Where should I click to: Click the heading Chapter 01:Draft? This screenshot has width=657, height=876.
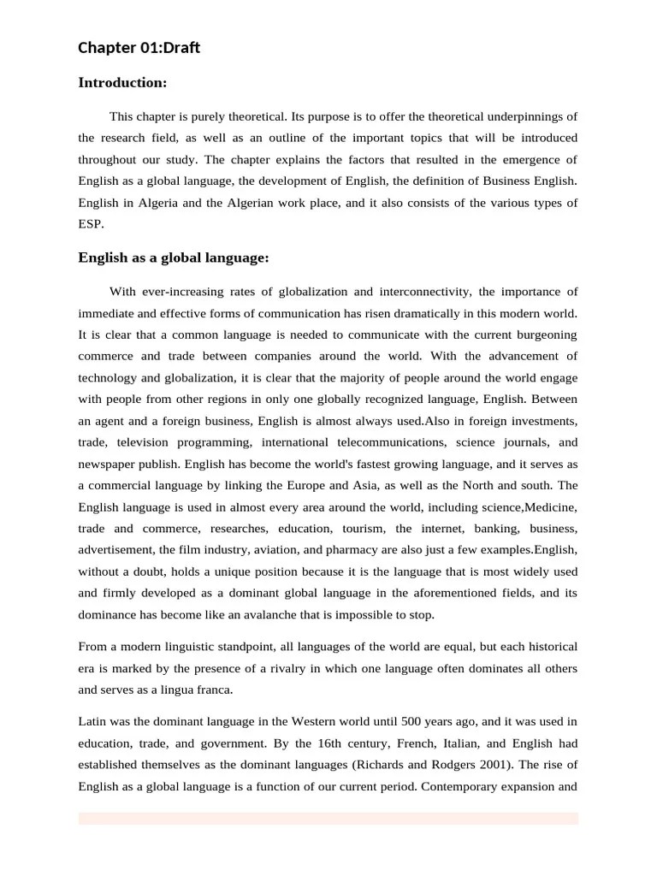pos(139,48)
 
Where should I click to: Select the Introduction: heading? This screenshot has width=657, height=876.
pos(122,83)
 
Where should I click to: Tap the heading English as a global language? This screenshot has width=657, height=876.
pos(174,257)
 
